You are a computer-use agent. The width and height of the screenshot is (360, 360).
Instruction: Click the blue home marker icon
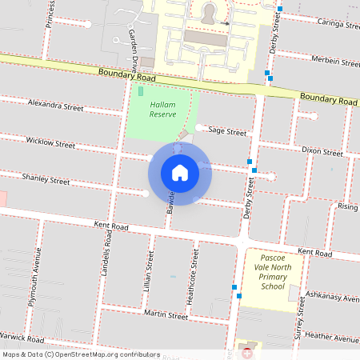(x=180, y=172)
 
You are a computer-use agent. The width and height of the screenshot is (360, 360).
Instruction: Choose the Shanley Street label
(x=46, y=180)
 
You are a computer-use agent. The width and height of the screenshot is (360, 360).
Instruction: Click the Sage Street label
(x=227, y=131)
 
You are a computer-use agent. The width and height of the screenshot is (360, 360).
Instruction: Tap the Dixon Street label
(x=322, y=151)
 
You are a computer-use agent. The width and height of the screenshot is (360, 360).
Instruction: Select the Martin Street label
(x=166, y=316)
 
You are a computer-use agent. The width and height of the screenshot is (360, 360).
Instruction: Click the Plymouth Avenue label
(x=34, y=275)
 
